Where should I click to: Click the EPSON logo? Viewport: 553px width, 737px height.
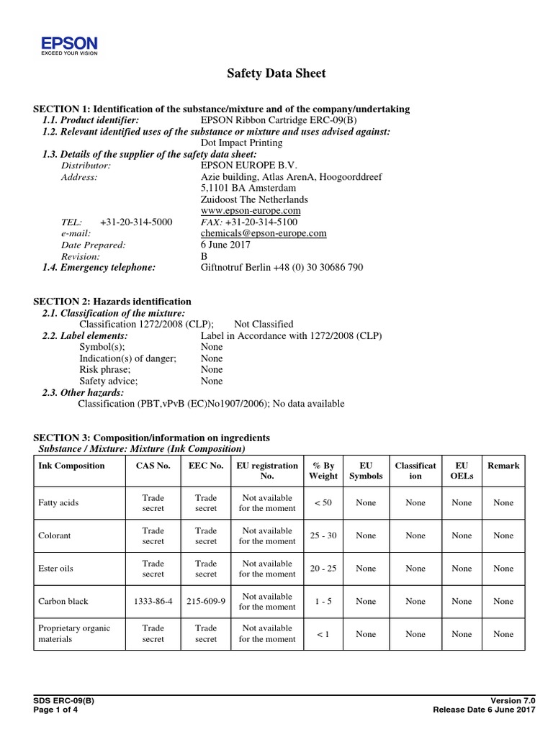coord(69,45)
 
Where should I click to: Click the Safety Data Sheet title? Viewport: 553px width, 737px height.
coord(276,73)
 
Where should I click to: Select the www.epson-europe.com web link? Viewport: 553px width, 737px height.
coord(250,210)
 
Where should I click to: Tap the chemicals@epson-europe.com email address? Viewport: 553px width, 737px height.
coord(264,233)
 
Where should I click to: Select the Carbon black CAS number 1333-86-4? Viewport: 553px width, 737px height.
coord(153,601)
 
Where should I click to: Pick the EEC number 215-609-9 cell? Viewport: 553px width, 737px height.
coord(205,601)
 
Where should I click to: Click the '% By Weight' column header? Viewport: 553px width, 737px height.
coord(323,471)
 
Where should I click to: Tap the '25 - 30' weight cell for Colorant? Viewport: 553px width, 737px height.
coord(323,535)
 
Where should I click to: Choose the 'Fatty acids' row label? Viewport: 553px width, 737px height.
coord(58,502)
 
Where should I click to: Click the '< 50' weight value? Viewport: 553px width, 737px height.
coord(323,502)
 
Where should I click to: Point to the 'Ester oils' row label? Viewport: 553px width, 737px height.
coord(55,569)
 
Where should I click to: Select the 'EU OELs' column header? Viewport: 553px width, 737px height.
coord(462,471)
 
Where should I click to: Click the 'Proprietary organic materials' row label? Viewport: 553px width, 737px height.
coord(73,633)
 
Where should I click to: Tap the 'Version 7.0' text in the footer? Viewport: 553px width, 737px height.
coord(513,700)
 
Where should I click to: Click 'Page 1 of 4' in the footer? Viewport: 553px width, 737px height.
coord(55,710)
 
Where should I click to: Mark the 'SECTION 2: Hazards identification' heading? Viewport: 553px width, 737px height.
coord(112,302)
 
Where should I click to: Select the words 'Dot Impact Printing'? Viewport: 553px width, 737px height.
coord(241,143)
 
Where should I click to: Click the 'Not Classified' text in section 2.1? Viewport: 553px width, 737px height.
coord(264,325)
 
